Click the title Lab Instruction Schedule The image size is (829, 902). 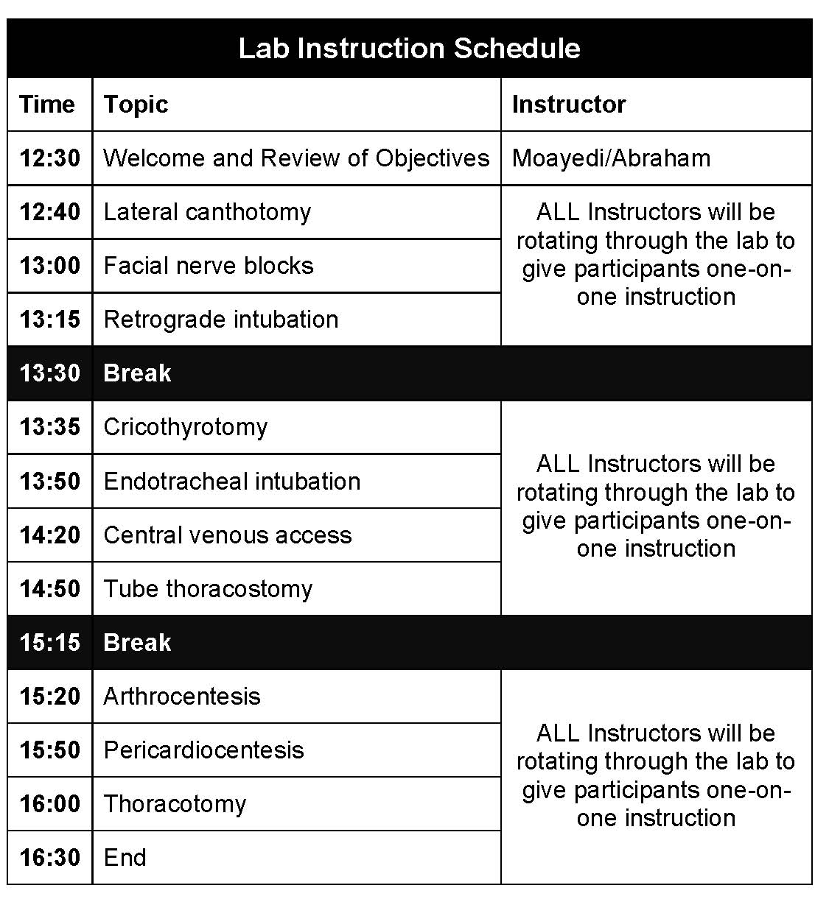pos(409,49)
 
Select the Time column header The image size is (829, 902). pos(47,105)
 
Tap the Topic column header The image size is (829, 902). pos(136,105)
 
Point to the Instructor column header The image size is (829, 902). pos(568,105)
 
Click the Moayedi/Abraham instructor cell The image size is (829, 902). pos(611,158)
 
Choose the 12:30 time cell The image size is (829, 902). pos(49,158)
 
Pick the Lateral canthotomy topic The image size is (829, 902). pos(207,212)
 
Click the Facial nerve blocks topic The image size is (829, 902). pos(209,266)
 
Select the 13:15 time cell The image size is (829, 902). pos(49,320)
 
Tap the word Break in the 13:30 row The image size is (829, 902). pos(137,373)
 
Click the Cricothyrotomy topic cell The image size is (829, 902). pos(186,427)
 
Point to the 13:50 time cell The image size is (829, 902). pos(49,482)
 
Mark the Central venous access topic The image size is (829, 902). pos(228,535)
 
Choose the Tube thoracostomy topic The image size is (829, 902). pos(208,589)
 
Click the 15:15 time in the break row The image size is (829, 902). pos(49,643)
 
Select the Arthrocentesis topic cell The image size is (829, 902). pos(182,697)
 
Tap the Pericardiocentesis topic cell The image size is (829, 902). pos(203,750)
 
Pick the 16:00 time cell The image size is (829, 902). pos(49,804)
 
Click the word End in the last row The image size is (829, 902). pos(125,858)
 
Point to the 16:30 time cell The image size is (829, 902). pos(49,858)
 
